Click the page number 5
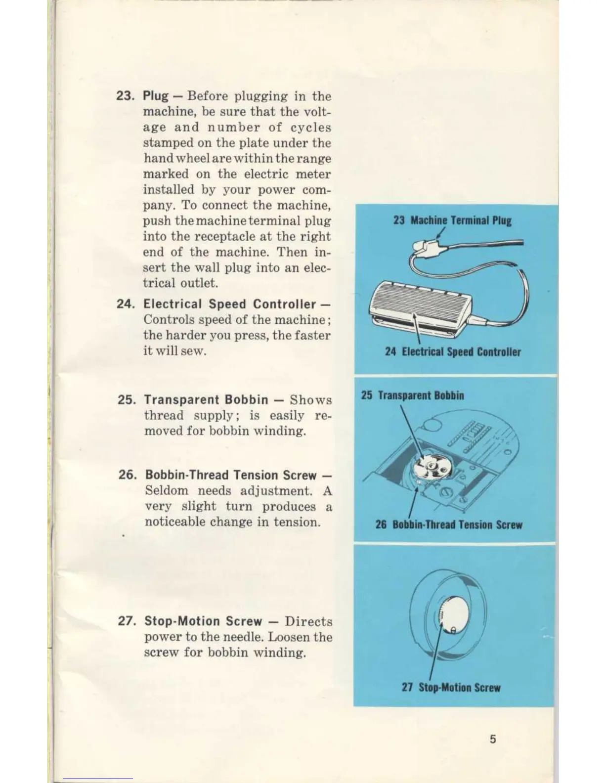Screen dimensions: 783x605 point(493,739)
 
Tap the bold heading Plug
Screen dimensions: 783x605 point(155,96)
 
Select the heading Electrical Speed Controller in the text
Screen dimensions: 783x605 point(229,304)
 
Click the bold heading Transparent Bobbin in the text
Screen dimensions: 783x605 point(206,399)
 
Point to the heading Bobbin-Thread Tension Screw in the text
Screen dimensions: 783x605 point(230,475)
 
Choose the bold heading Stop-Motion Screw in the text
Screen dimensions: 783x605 point(203,621)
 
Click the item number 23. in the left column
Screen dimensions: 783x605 point(127,96)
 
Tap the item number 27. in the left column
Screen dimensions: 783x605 point(128,621)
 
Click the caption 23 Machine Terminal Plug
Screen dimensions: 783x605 point(452,220)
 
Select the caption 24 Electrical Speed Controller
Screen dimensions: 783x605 point(453,352)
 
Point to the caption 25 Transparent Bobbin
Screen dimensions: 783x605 point(412,395)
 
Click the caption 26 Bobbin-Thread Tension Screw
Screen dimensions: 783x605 point(448,525)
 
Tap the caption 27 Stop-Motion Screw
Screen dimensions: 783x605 point(451,688)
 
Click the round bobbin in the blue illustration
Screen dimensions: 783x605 point(429,467)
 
